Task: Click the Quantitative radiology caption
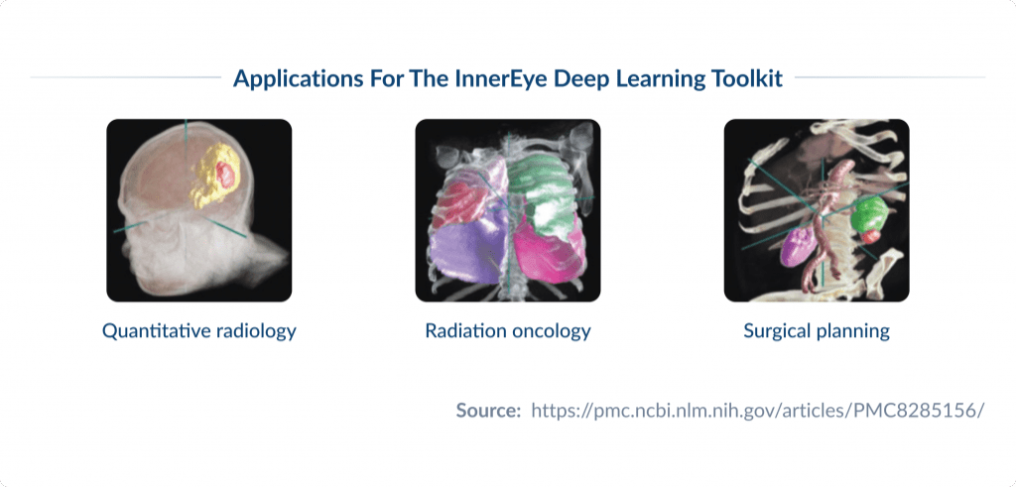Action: (198, 331)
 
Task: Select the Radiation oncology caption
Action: (507, 331)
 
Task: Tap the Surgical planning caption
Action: (816, 331)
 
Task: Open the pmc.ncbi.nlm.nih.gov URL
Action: (757, 410)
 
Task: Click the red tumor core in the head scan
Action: (226, 176)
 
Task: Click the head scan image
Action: (198, 210)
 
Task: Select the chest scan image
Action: (507, 210)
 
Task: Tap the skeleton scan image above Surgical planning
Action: (816, 210)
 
